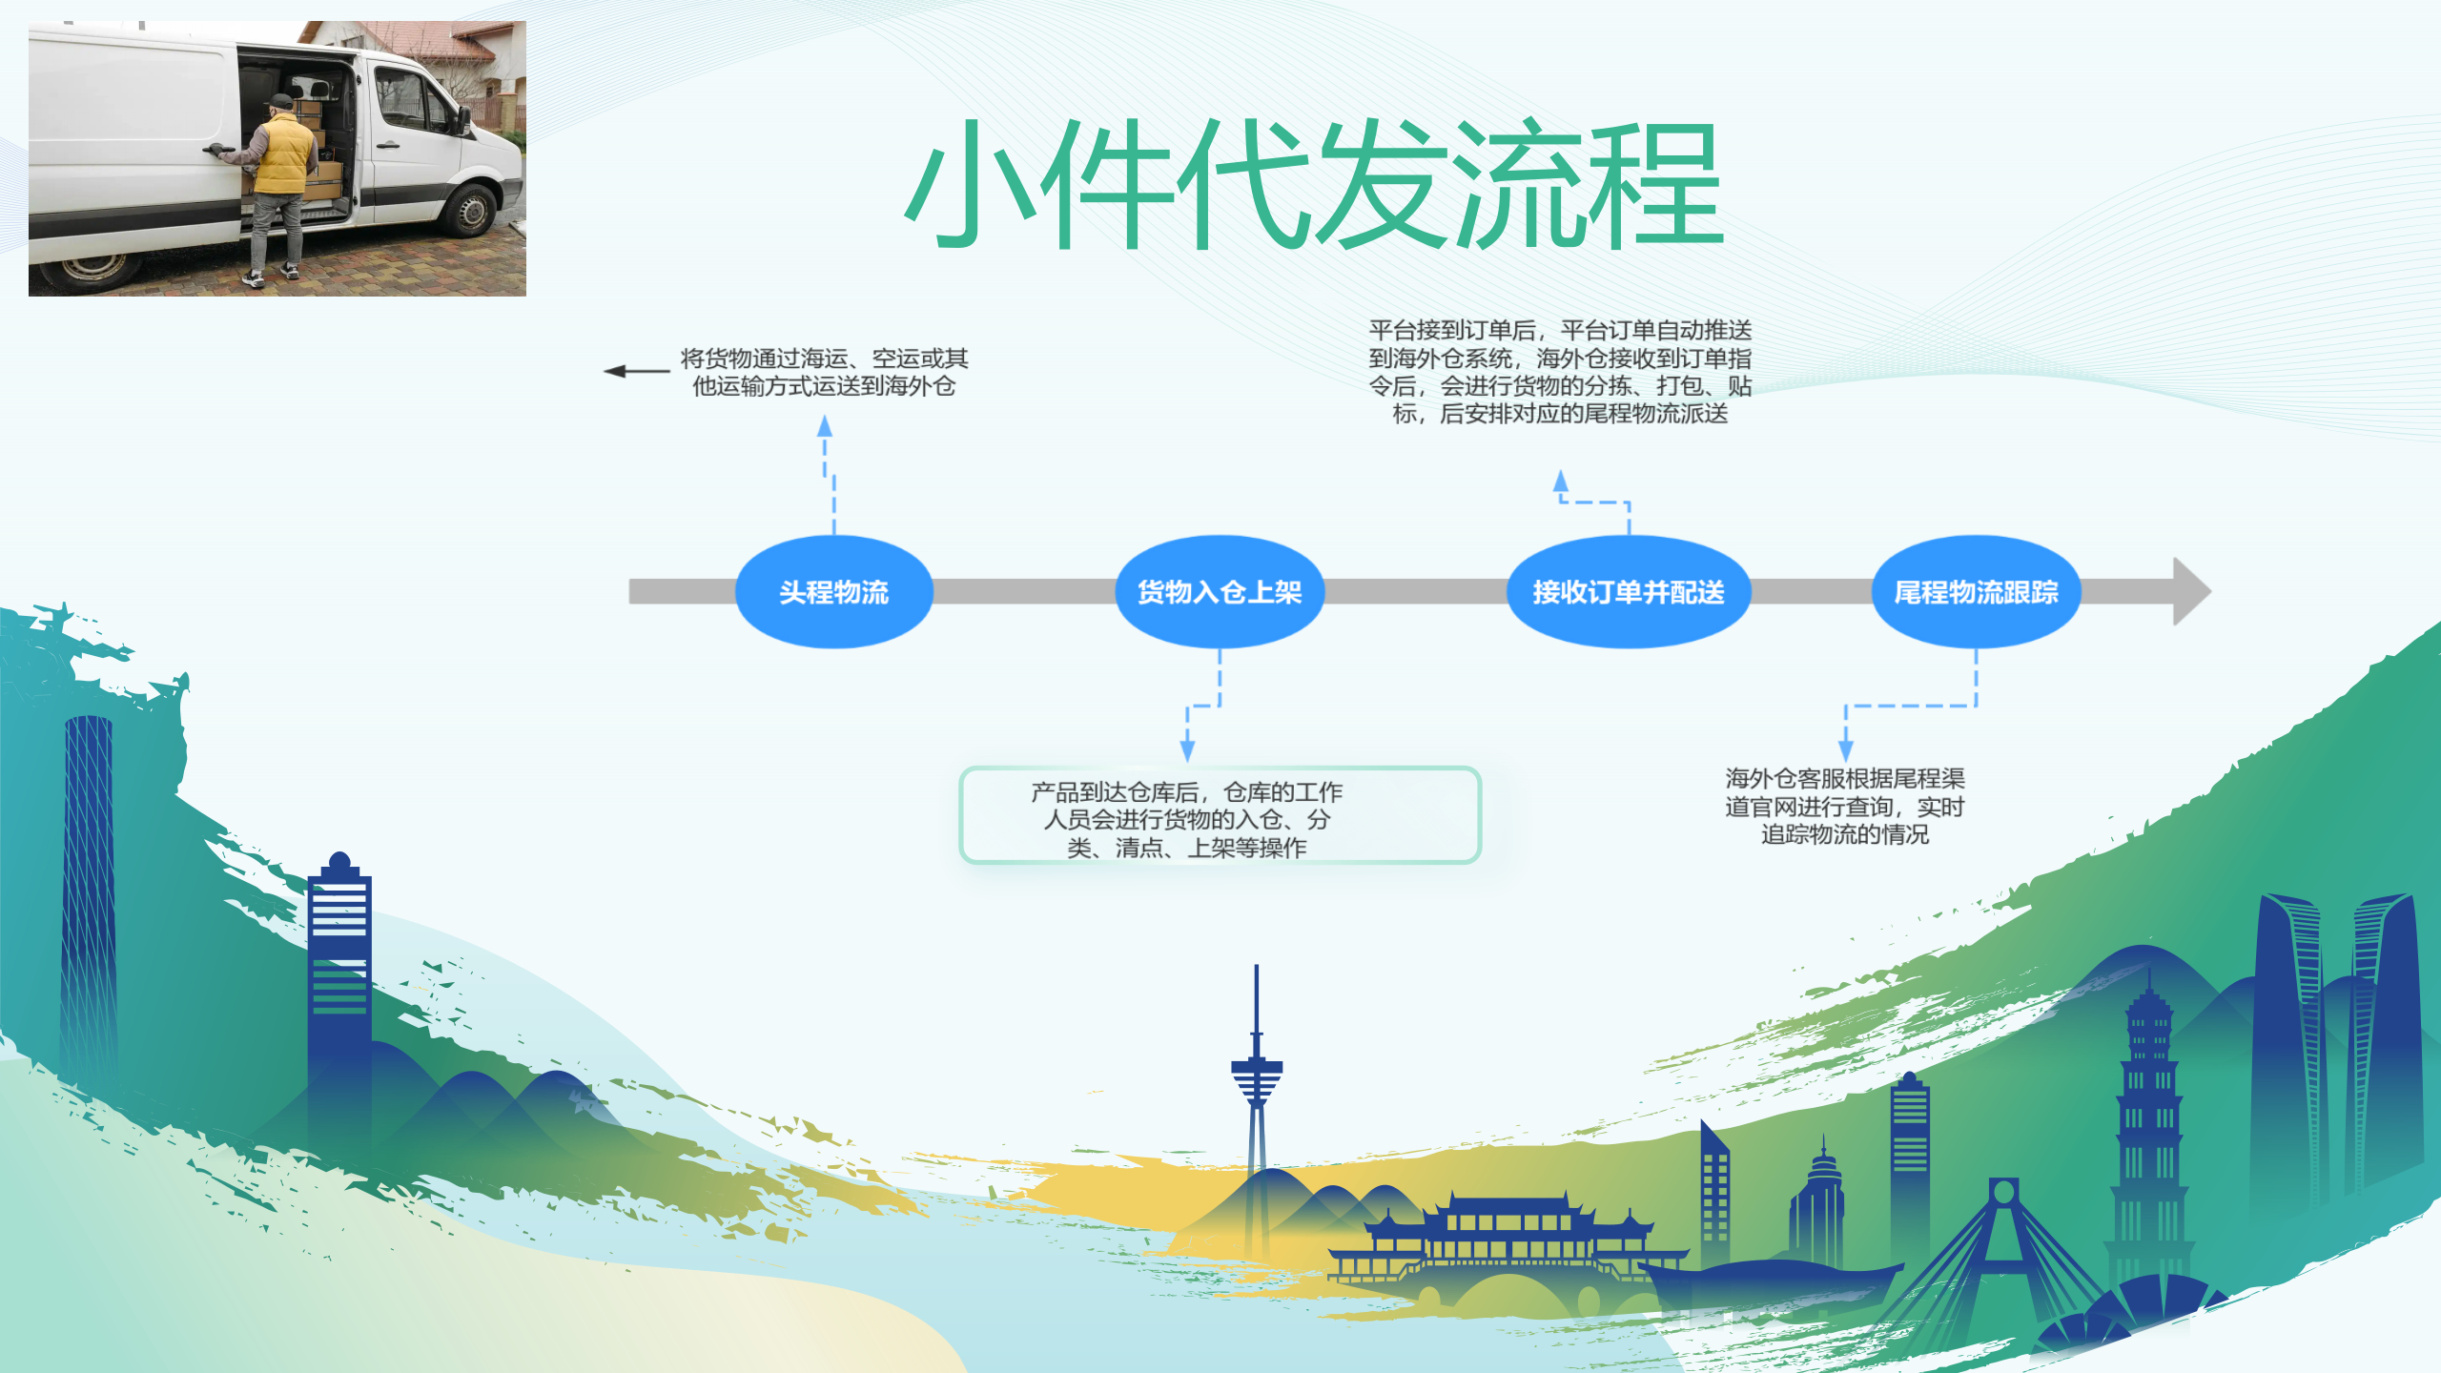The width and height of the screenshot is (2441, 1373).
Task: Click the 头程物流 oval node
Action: (833, 592)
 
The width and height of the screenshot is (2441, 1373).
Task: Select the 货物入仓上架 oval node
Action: (1220, 592)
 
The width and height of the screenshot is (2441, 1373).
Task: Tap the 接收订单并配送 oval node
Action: (1628, 592)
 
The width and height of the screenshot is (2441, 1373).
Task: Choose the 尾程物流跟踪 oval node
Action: (1976, 592)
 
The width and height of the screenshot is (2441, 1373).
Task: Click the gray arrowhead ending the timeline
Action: (2191, 592)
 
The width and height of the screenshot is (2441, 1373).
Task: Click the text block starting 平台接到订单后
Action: (1560, 372)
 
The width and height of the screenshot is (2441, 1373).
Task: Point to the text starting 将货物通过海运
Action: (824, 372)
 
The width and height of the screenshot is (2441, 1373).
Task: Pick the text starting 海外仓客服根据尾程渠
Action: (1844, 807)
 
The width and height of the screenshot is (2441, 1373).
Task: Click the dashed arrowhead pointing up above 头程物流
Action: (825, 426)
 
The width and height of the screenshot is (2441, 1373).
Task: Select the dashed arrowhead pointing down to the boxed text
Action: (1187, 750)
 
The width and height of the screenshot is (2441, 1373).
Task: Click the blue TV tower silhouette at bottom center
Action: (1257, 1077)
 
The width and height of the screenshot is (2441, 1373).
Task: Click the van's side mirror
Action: (464, 119)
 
